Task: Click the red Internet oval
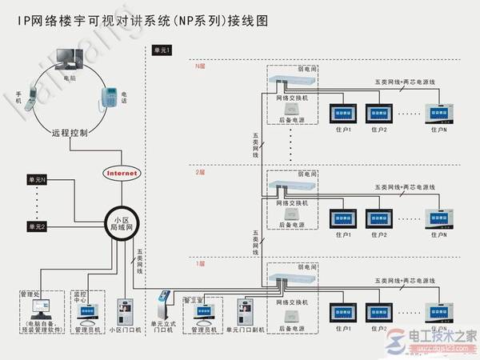click(x=121, y=173)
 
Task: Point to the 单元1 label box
click(x=161, y=51)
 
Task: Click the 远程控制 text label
click(x=70, y=134)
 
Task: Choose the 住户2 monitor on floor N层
click(x=378, y=112)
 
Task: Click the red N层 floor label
click(x=201, y=67)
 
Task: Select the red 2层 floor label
click(x=200, y=172)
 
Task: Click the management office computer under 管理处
click(x=38, y=308)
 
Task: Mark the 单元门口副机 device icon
click(x=246, y=310)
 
